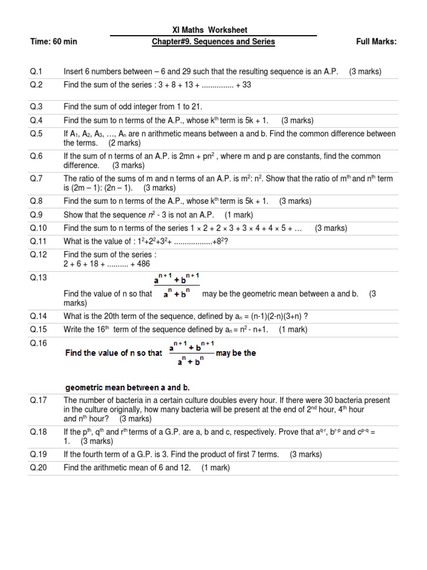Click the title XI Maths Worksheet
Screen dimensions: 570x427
coord(213,30)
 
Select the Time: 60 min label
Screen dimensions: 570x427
coord(54,42)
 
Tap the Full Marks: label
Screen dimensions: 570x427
coord(376,42)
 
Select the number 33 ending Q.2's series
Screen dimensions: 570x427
coord(242,85)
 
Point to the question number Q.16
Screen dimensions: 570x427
coord(38,343)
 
